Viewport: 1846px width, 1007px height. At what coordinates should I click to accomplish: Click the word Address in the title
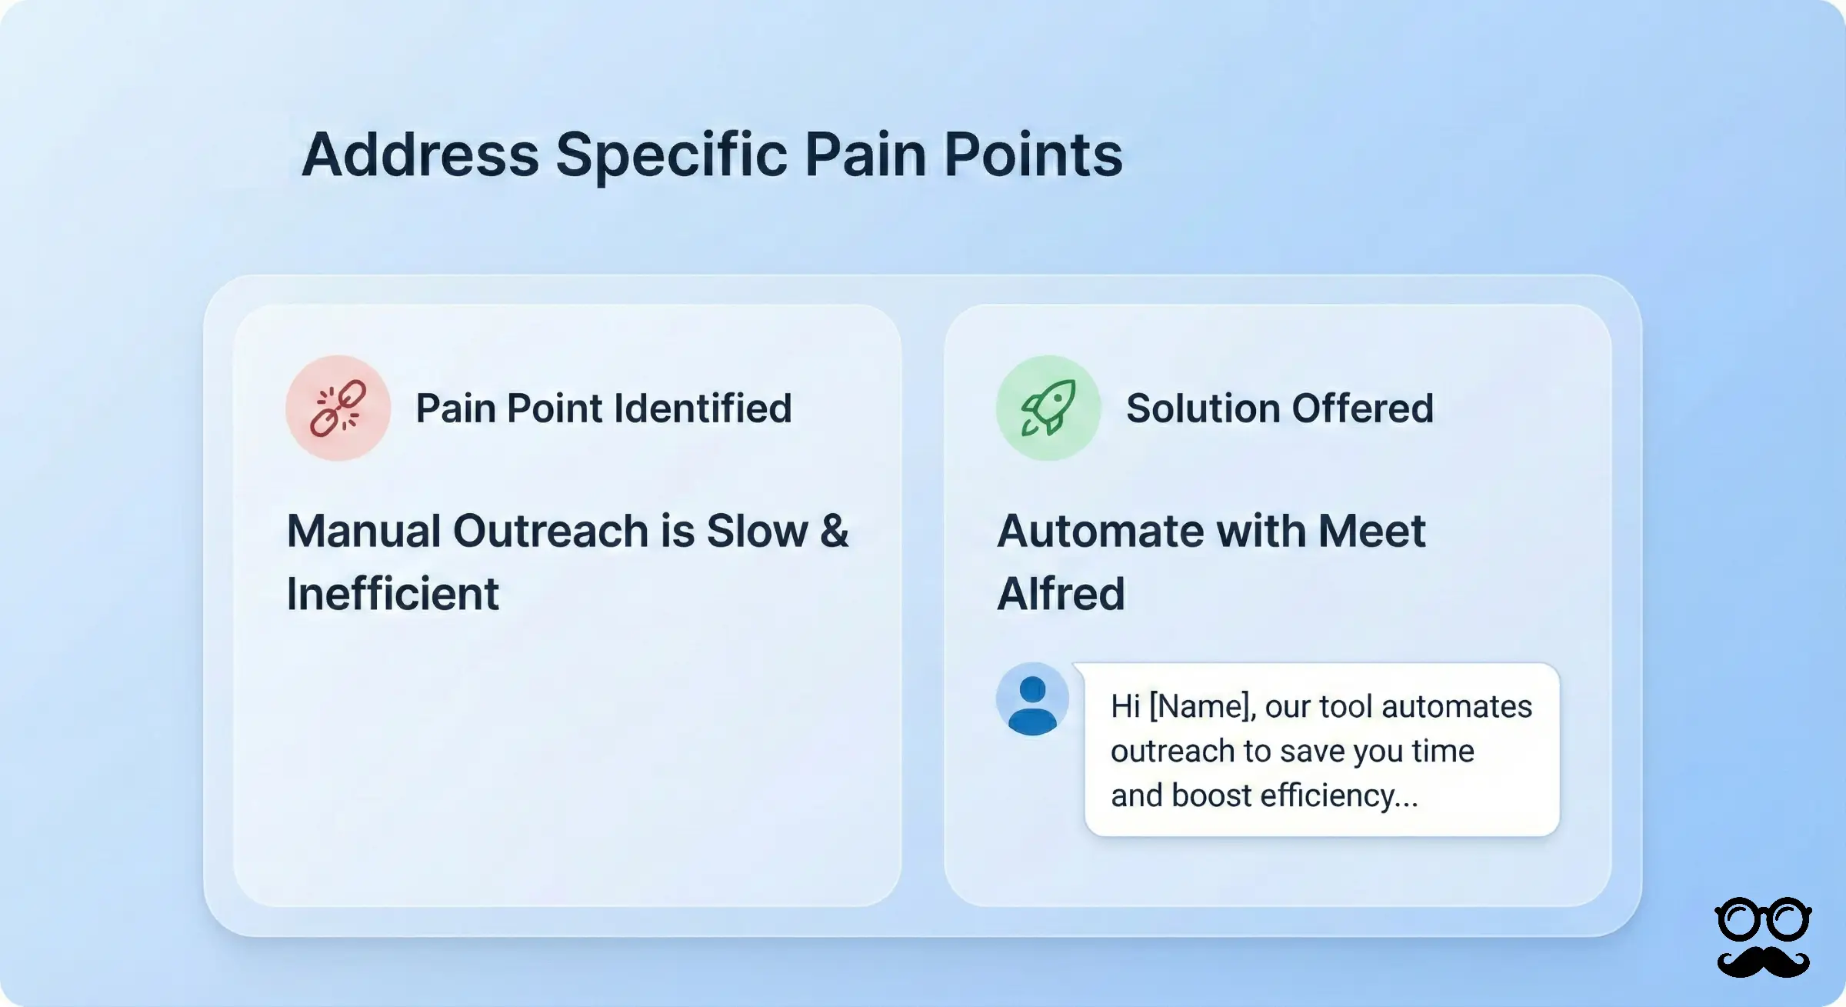[x=420, y=155]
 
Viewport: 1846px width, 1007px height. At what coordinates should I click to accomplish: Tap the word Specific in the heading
[x=671, y=156]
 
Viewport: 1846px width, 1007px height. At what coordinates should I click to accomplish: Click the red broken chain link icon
[x=338, y=408]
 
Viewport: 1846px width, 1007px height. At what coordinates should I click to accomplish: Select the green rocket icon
[x=1048, y=408]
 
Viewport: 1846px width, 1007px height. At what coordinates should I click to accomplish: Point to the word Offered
[x=1362, y=408]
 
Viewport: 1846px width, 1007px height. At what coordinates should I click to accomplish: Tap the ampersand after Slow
[x=834, y=531]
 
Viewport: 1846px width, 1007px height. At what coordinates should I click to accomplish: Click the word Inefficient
[x=392, y=594]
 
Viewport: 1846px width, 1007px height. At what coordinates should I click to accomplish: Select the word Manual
[x=363, y=531]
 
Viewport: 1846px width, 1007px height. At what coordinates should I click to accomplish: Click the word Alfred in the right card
[x=1061, y=594]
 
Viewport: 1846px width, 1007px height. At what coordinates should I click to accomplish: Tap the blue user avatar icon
[x=1032, y=699]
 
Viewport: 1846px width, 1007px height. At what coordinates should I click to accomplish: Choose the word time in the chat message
[x=1442, y=751]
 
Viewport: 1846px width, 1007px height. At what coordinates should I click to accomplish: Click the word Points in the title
[x=1032, y=155]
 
